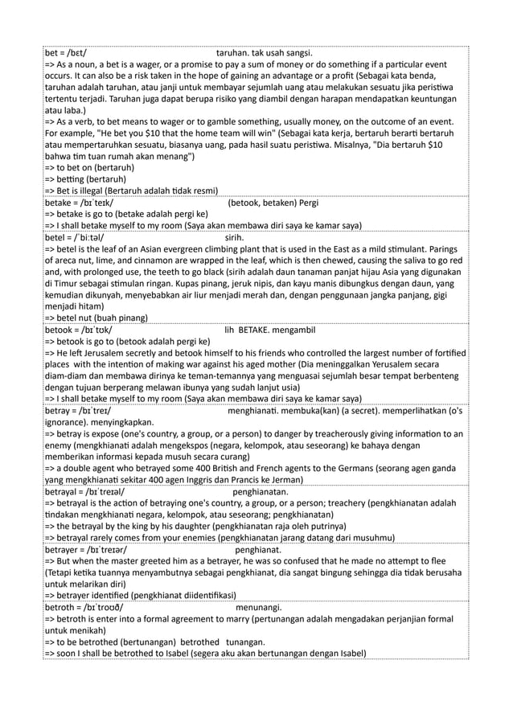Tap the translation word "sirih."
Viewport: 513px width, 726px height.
click(x=235, y=238)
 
